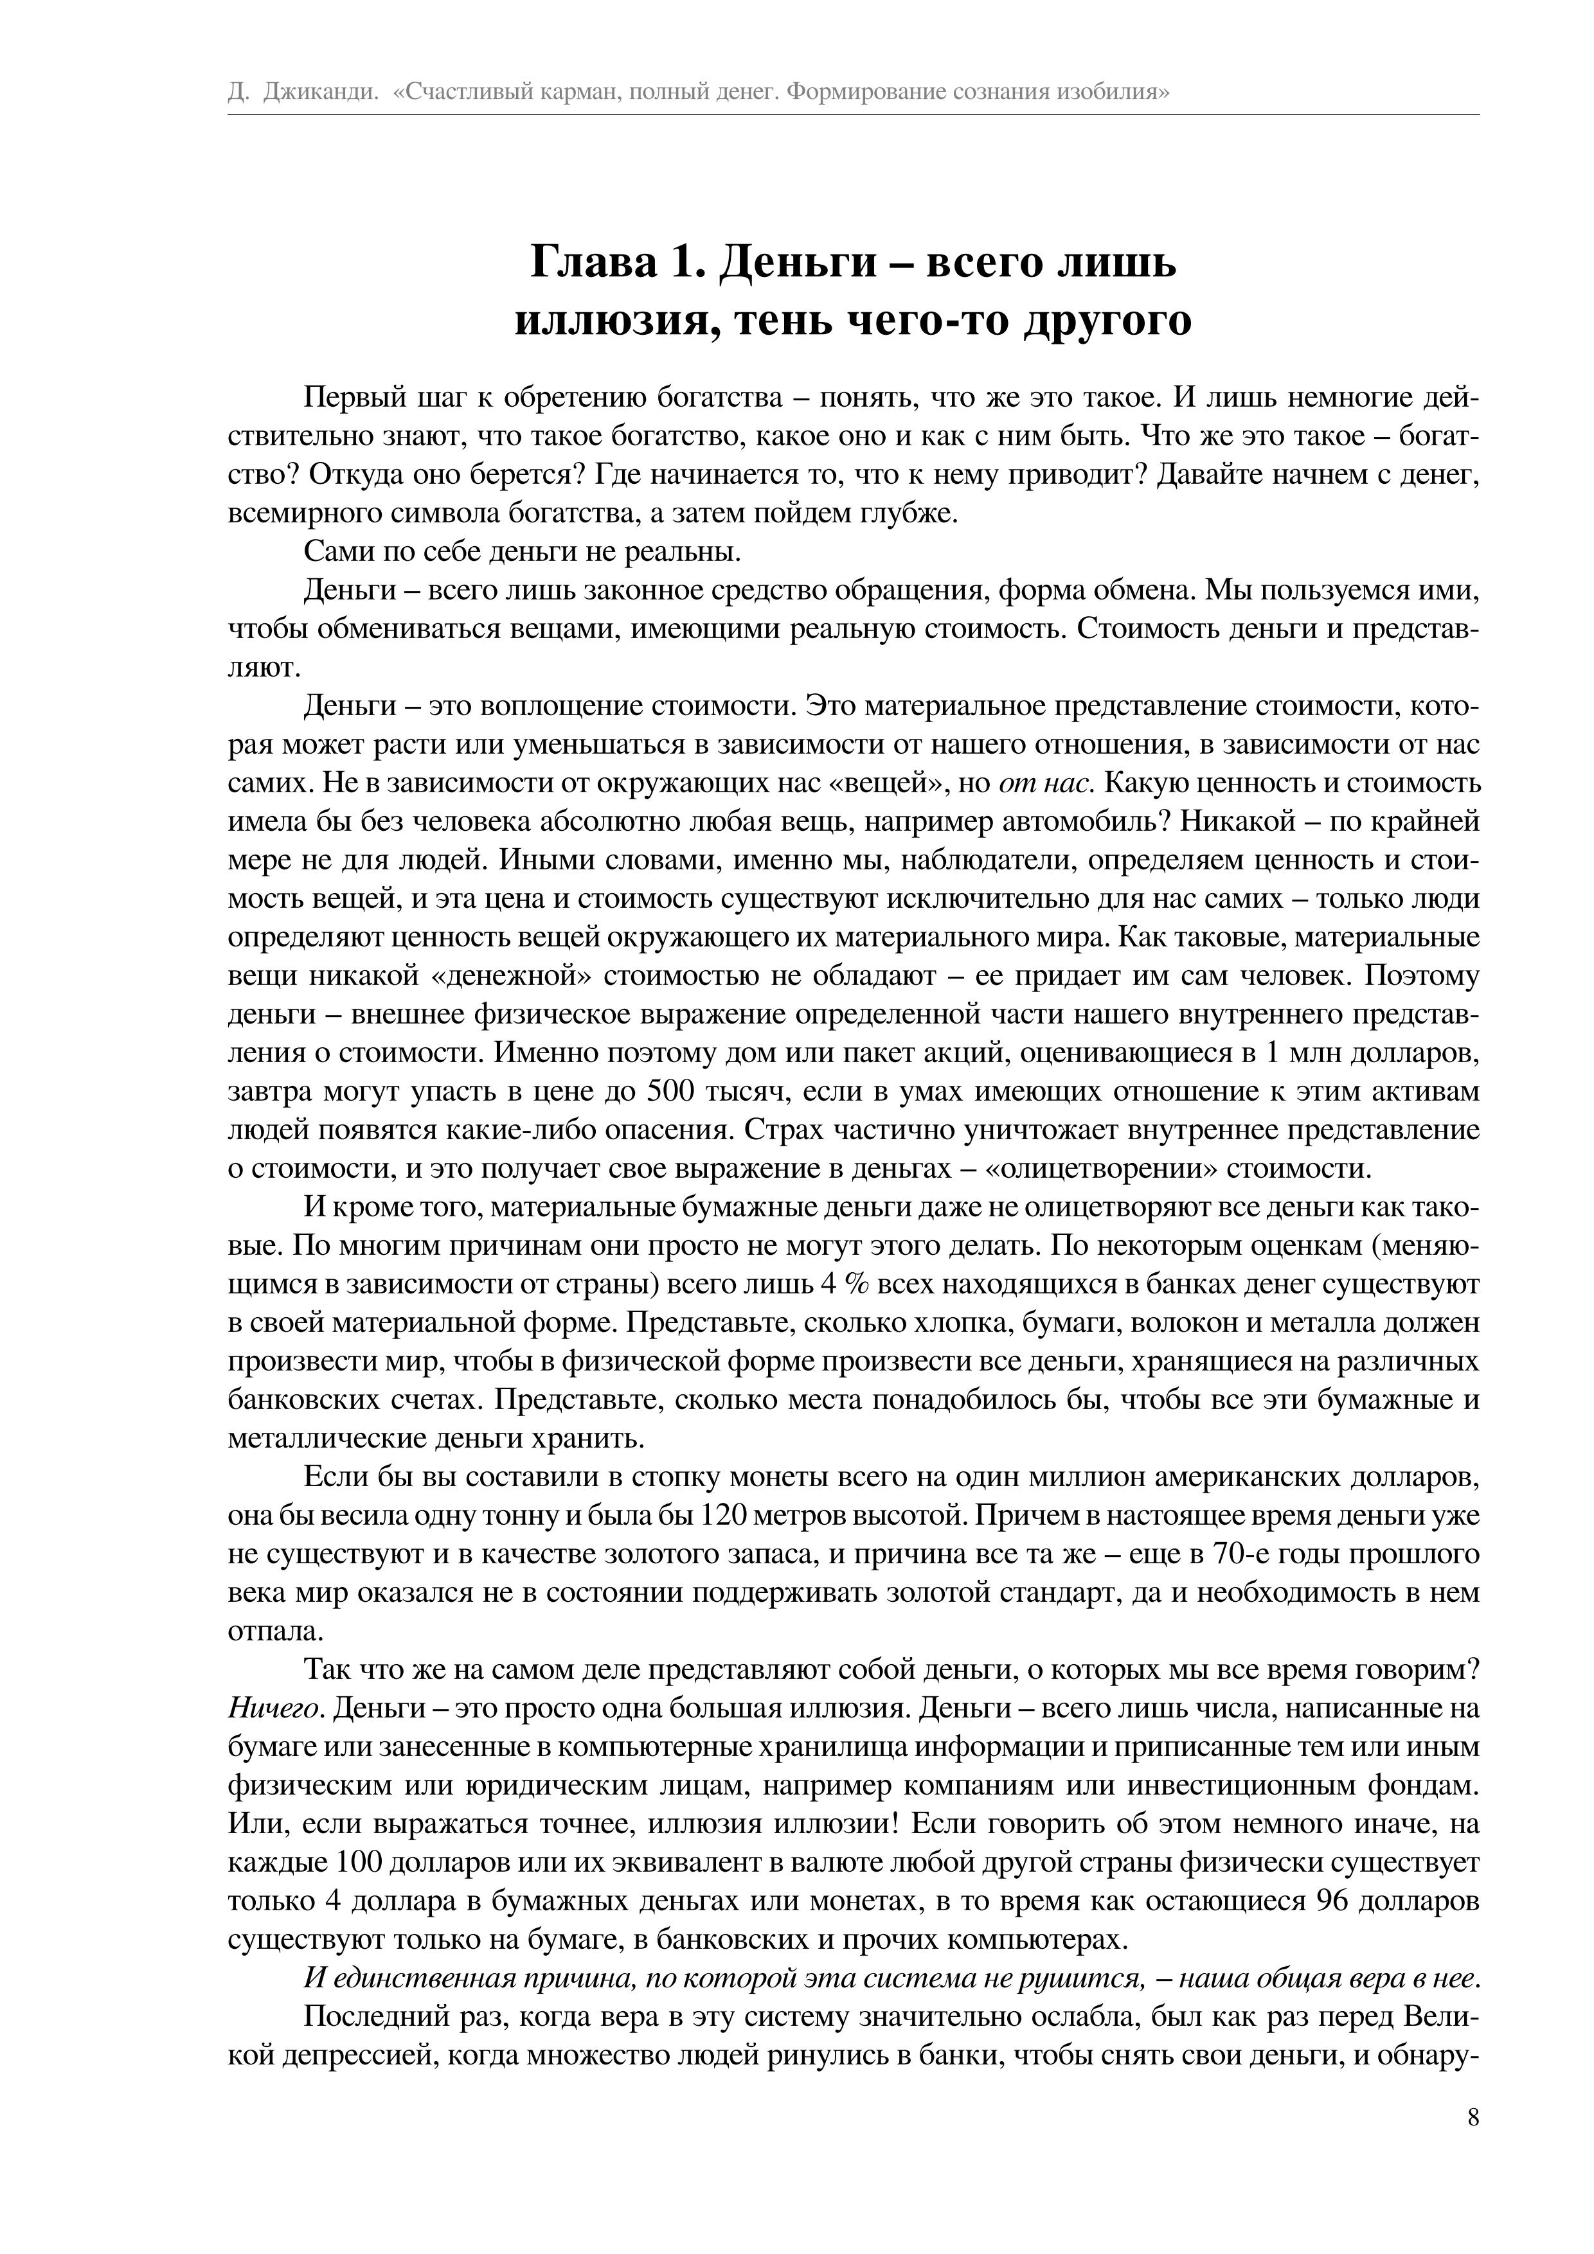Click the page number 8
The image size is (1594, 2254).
point(1473,2144)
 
